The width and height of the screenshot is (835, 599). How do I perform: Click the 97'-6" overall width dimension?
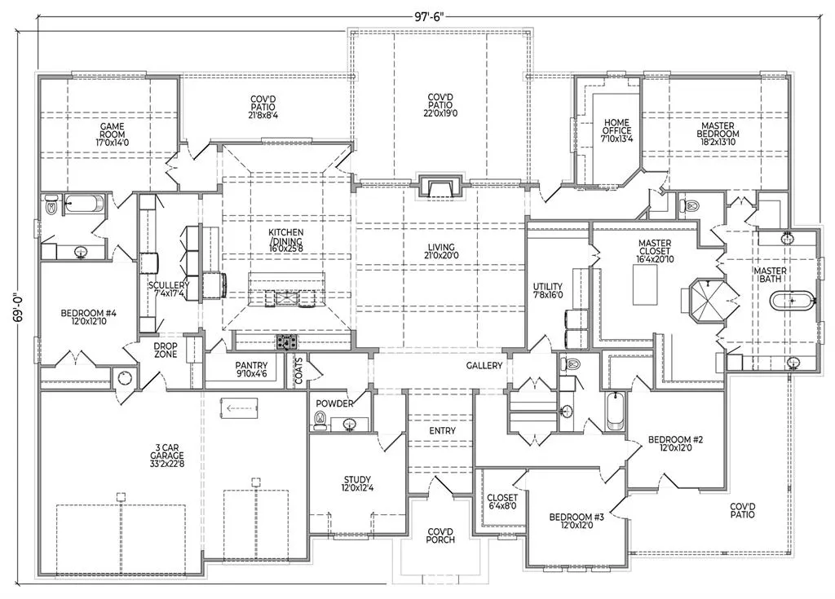pyautogui.click(x=429, y=16)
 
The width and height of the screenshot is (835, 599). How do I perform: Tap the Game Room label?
pyautogui.click(x=113, y=134)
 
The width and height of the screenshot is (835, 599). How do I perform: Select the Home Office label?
pyautogui.click(x=617, y=130)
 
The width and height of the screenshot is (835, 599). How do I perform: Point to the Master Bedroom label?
pyautogui.click(x=718, y=134)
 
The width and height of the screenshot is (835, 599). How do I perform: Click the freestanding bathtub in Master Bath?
pyautogui.click(x=792, y=301)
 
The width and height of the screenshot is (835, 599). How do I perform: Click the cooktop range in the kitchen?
pyautogui.click(x=286, y=342)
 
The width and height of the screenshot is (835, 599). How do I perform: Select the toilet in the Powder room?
pyautogui.click(x=320, y=420)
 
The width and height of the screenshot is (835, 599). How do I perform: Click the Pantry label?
pyautogui.click(x=251, y=369)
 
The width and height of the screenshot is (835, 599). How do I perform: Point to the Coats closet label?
pyautogui.click(x=298, y=370)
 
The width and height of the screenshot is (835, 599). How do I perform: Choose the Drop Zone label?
pyautogui.click(x=166, y=350)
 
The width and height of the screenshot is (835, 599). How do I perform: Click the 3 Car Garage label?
pyautogui.click(x=166, y=456)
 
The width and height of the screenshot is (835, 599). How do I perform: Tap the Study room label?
pyautogui.click(x=357, y=483)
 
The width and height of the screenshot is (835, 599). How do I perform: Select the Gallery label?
pyautogui.click(x=484, y=366)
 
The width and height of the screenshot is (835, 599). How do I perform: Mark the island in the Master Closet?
pyautogui.click(x=644, y=284)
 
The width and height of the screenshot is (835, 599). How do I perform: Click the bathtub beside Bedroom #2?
pyautogui.click(x=615, y=411)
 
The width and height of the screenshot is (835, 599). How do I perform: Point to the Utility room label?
pyautogui.click(x=548, y=291)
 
